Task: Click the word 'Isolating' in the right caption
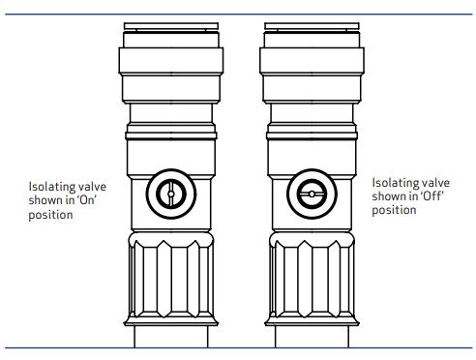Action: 394,183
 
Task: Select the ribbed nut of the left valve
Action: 168,282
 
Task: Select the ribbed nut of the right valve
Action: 312,282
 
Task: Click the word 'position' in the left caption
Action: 47,215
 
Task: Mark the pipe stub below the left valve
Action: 168,336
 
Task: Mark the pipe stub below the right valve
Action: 312,336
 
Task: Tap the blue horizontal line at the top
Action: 238,14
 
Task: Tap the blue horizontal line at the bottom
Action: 238,347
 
